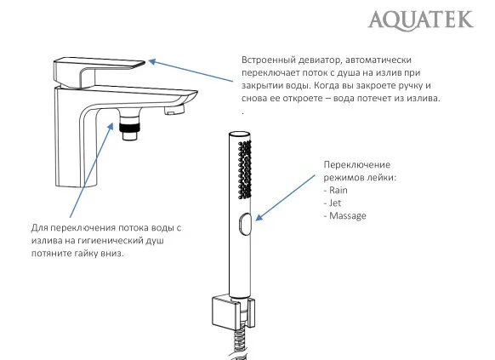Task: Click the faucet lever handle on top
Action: coord(98,69)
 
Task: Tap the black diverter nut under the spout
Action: coord(129,131)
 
